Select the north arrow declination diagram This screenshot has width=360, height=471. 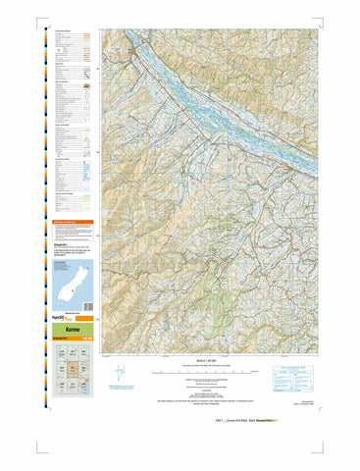click(x=120, y=374)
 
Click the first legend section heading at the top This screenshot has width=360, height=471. click(x=64, y=32)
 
